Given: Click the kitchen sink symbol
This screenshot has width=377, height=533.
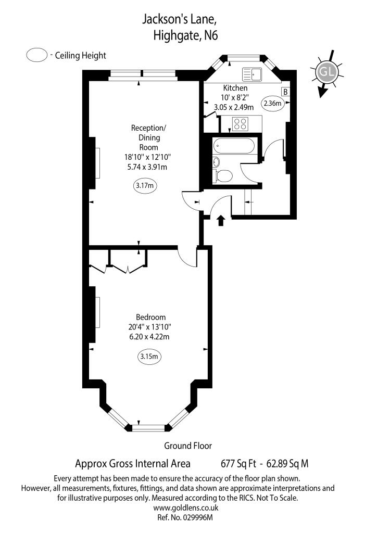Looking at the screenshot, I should tap(251, 74).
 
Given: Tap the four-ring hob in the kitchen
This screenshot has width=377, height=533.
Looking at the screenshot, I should tap(240, 124).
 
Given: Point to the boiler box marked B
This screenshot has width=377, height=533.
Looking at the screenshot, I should tap(285, 92).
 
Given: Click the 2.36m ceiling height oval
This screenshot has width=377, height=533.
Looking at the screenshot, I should tap(272, 103).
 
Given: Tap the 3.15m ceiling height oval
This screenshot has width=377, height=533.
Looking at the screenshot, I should tap(149, 357).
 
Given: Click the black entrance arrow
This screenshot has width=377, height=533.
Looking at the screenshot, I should tap(220, 220).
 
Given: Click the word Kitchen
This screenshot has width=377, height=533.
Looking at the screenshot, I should tap(235, 88).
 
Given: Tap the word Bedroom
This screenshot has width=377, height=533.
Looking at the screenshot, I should tap(150, 317).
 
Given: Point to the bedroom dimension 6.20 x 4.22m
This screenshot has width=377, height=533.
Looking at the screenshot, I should tap(150, 337).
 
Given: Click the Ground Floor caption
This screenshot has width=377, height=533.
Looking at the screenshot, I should tap(188, 446).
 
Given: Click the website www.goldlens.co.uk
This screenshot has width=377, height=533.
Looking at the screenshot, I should tap(188, 507).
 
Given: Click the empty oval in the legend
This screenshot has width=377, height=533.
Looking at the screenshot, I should tap(37, 56).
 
